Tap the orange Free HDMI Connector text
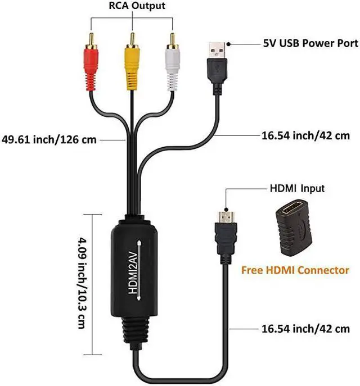[x=295, y=270]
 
